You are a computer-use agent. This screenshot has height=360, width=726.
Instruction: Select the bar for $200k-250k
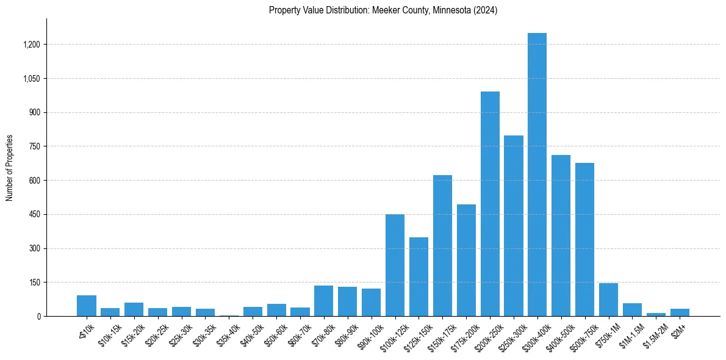click(x=490, y=204)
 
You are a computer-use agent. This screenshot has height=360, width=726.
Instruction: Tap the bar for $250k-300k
click(x=514, y=226)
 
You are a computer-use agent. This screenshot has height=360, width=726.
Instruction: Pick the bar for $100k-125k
click(x=395, y=265)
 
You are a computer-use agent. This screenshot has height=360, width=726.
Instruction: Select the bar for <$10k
click(x=87, y=306)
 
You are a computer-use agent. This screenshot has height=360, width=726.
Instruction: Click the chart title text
click(x=383, y=10)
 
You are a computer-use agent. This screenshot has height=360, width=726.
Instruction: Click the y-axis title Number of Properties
click(x=10, y=168)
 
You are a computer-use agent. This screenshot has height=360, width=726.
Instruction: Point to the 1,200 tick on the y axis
click(x=31, y=45)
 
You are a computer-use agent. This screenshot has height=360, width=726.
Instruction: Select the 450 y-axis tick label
click(x=34, y=215)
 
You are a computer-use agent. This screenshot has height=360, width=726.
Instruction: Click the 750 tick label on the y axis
click(x=34, y=146)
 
